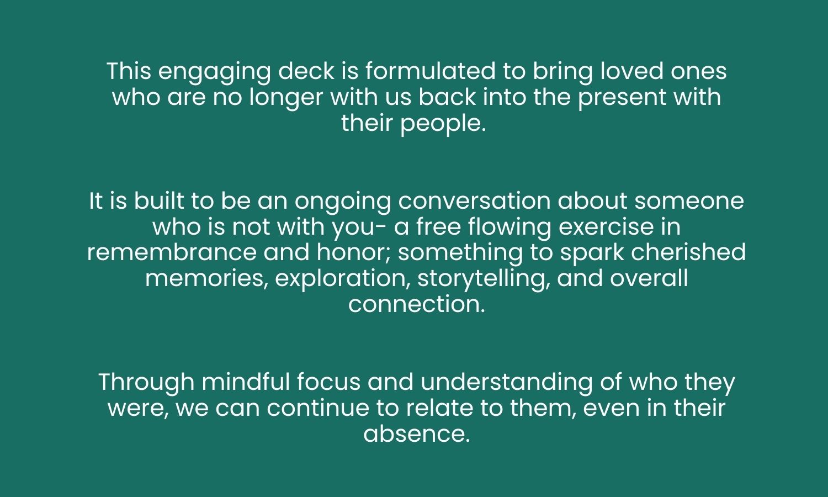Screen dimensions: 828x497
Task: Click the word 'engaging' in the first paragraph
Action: pos(215,72)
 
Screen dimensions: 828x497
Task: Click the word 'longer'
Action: pos(286,98)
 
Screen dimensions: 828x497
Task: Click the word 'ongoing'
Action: pos(343,202)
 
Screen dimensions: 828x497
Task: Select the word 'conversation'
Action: pos(474,202)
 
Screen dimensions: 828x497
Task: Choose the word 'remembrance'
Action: pos(172,252)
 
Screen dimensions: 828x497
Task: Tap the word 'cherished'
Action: pos(688,252)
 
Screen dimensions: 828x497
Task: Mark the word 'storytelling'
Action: pos(481,279)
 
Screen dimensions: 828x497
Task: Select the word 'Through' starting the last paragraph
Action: pos(146,383)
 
